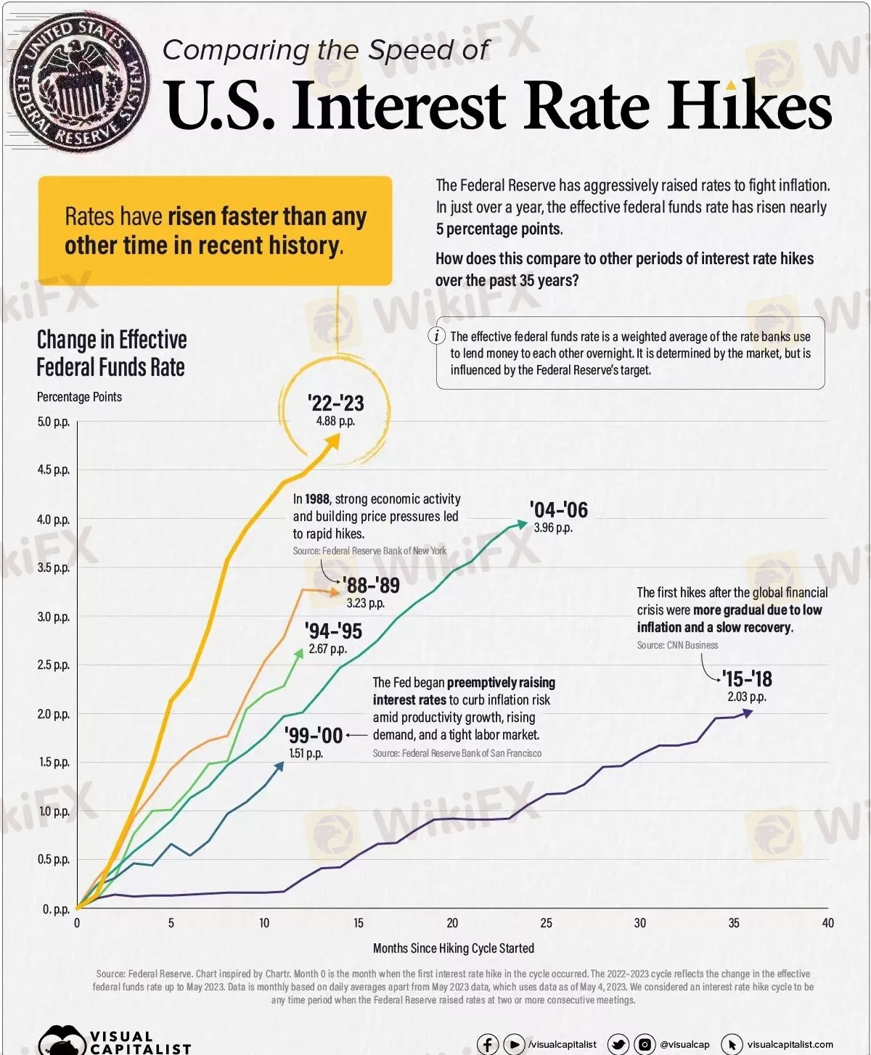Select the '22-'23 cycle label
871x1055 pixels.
point(335,403)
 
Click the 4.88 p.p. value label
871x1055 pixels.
point(335,421)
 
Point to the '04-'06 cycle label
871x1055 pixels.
point(558,509)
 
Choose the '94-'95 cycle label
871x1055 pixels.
point(333,631)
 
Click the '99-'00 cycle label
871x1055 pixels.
point(313,735)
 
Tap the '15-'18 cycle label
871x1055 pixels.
point(747,679)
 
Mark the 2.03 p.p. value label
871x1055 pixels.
point(747,697)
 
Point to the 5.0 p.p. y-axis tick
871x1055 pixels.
point(54,422)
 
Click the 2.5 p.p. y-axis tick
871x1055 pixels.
point(54,665)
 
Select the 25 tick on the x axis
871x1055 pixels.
point(546,923)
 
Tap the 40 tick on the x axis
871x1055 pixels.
point(827,923)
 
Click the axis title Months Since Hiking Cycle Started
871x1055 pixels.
point(453,948)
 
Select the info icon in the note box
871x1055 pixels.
point(437,336)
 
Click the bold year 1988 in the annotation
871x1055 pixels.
point(317,499)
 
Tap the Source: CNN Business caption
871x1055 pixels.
point(677,645)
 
